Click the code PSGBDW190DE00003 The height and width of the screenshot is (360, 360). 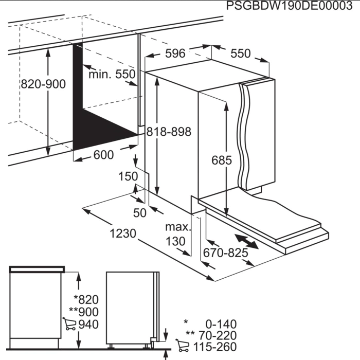point(289,6)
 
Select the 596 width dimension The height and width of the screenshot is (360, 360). point(175,53)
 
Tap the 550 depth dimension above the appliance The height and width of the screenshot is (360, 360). point(240,53)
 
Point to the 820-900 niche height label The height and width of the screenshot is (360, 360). point(43,84)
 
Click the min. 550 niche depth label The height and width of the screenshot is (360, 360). point(112,74)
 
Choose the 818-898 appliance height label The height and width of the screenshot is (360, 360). point(169,132)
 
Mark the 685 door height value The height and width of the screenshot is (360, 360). point(222,160)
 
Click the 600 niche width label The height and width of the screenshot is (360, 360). point(103,155)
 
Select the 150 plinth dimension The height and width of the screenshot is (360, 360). point(128,176)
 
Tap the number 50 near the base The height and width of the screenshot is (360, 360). point(139,213)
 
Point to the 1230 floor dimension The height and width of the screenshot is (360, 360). point(123,233)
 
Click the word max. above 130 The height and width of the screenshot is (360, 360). point(178,227)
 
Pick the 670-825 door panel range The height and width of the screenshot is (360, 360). point(225,253)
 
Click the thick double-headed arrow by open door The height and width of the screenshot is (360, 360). point(246,241)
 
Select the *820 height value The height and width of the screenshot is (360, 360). point(86,300)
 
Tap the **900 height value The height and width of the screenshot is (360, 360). point(84,312)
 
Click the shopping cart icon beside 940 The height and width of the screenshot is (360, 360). point(69,324)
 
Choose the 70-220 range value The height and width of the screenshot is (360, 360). point(218,335)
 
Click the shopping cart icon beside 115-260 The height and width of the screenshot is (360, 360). point(182,345)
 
